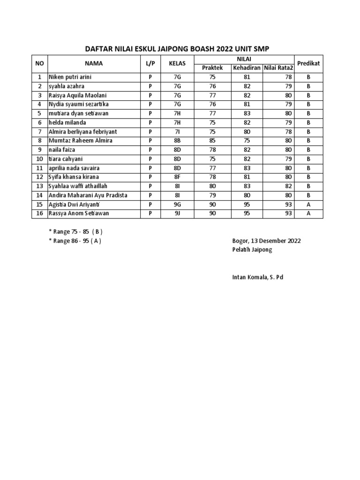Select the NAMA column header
pyautogui.click(x=94, y=63)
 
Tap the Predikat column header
pyautogui.click(x=308, y=63)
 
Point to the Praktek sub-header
pyautogui.click(x=212, y=68)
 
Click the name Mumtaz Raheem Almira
pyautogui.click(x=81, y=141)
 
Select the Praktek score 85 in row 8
pyautogui.click(x=212, y=141)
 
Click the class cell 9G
pyautogui.click(x=177, y=205)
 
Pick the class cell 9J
pyautogui.click(x=177, y=214)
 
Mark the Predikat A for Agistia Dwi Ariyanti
pyautogui.click(x=308, y=205)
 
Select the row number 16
pyautogui.click(x=39, y=214)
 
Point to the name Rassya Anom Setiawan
pyautogui.click(x=78, y=214)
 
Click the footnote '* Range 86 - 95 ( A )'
pyautogui.click(x=75, y=241)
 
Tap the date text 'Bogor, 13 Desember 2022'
pyautogui.click(x=266, y=241)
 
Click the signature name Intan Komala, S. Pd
pyautogui.click(x=258, y=277)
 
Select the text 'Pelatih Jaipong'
pyautogui.click(x=252, y=250)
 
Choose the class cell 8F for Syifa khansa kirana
pyautogui.click(x=177, y=177)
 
